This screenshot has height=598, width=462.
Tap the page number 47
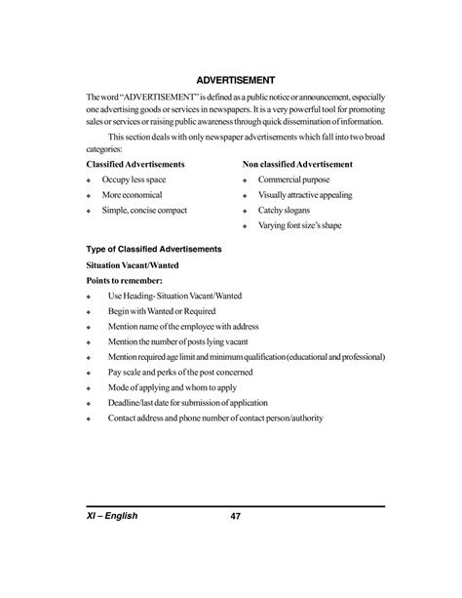coord(235,544)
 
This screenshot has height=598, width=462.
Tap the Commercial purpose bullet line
coord(293,180)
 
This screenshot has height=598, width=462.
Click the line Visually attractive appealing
coord(305,195)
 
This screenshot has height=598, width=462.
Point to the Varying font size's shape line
coord(300,224)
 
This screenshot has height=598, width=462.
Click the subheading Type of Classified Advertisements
coord(154,249)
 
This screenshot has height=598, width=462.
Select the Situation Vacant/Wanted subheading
coord(133,264)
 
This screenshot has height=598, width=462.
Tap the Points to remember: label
coord(123,280)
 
